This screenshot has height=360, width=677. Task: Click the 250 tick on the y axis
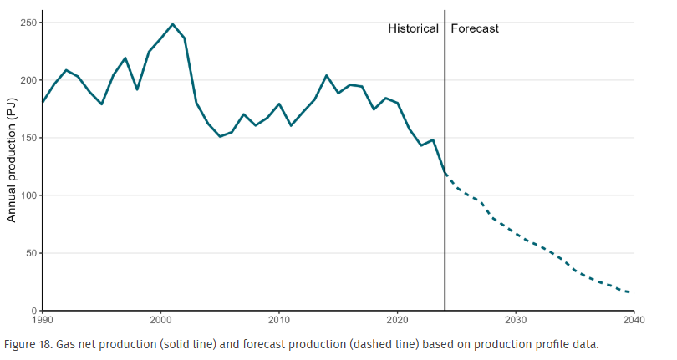click(28, 23)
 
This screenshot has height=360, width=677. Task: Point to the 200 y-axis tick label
click(28, 80)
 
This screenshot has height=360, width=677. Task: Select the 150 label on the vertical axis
click(28, 138)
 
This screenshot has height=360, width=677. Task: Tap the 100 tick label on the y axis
click(28, 195)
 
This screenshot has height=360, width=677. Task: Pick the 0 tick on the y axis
click(34, 311)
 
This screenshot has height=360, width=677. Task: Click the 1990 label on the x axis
click(42, 320)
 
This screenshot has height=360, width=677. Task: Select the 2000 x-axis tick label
click(160, 320)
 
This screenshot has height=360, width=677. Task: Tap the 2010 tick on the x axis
click(279, 320)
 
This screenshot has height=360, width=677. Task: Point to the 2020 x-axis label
click(397, 320)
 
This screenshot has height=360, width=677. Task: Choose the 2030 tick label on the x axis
click(516, 320)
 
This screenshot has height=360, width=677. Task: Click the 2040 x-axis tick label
click(634, 320)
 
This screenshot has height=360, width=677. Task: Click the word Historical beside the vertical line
click(413, 28)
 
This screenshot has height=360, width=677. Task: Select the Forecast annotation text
click(475, 28)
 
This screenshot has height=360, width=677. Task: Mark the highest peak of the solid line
click(172, 24)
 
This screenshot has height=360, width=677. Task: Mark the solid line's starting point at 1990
click(43, 103)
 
